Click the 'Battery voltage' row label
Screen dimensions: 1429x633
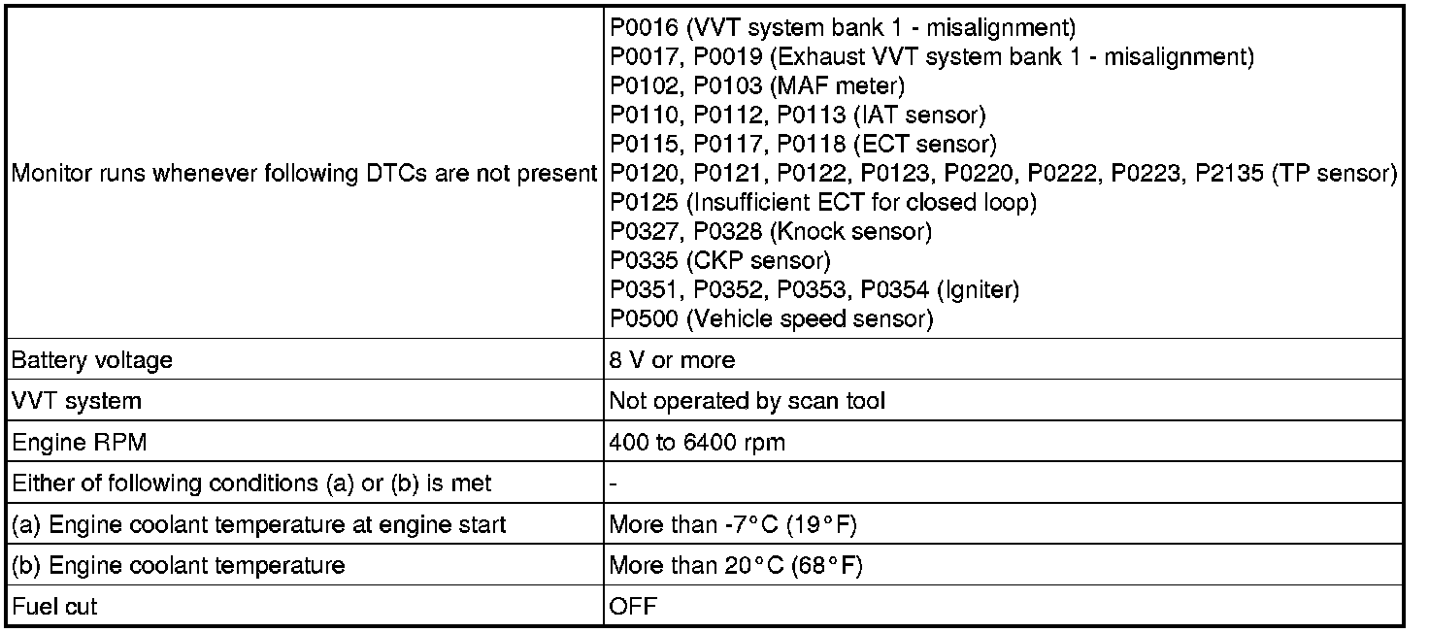click(91, 360)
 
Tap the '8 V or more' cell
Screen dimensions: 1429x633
click(672, 360)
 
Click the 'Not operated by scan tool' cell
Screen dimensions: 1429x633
click(747, 401)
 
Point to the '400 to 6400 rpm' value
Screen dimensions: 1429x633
click(697, 443)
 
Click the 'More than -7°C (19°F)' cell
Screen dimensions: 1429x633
click(733, 525)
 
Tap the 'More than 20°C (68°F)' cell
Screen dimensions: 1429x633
click(735, 566)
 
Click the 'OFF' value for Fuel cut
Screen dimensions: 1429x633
click(632, 608)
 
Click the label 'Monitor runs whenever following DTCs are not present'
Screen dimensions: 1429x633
click(303, 174)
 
